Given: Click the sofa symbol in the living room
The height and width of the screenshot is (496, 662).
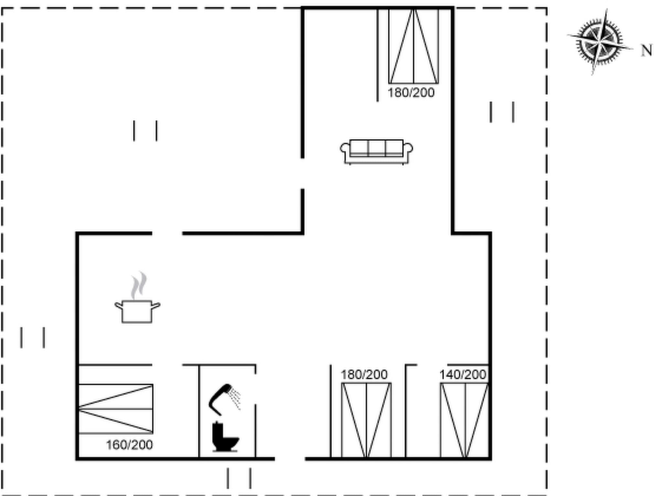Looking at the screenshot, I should coord(376,151).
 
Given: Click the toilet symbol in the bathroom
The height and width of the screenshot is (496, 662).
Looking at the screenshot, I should coord(225,437).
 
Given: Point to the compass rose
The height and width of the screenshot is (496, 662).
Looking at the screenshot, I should coord(600,42).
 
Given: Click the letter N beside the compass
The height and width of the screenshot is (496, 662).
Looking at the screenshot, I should coord(646,51).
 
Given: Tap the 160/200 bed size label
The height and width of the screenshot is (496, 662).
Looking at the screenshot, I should coord(129,445).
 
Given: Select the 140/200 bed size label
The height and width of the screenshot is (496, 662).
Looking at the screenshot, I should coord(463,375).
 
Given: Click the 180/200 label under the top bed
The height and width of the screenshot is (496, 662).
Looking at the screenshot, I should coord(411,93).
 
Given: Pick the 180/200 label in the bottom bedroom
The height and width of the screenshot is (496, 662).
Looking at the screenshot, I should coord(364,375).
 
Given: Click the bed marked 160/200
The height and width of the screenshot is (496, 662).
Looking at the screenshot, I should coord(116,409).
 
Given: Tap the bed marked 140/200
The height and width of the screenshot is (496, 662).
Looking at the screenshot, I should coord(464,420).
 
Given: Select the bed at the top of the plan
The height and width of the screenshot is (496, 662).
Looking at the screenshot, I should coord(413,46).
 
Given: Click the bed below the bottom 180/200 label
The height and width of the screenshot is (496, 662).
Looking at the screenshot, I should coord(366,420).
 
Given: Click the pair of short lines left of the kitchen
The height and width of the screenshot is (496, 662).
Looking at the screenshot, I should coord(33,337).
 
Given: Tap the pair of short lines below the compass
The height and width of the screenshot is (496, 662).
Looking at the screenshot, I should coord(502,112).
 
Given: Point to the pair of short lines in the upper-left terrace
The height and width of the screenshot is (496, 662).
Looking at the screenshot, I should coord(145,131).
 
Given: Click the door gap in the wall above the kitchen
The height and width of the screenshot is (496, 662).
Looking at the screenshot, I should coord(167,233).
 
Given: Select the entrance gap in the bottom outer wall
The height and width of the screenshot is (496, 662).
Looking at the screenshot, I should coord(290,458).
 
